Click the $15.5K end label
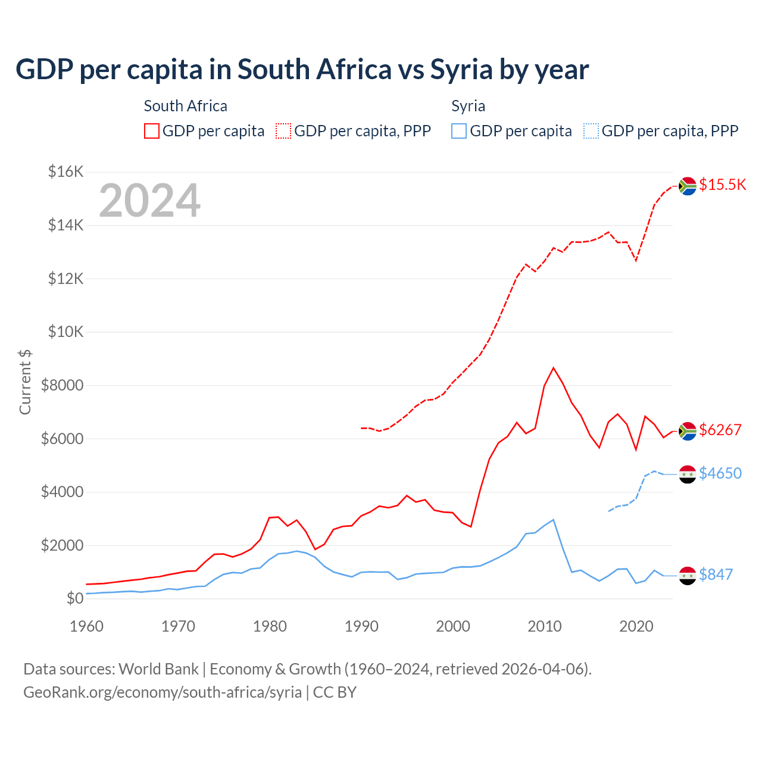722,185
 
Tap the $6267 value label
720,430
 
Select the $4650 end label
720,473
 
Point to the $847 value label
716,574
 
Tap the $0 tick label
74,598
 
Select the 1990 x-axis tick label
361,626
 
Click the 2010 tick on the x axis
545,626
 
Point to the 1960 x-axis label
87,626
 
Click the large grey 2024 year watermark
149,201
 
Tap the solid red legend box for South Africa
152,131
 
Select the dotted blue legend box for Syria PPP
591,131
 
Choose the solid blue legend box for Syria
459,131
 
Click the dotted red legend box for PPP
283,131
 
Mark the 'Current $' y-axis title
25,382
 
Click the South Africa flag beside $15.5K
688,186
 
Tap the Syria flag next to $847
688,576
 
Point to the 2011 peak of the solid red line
554,368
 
